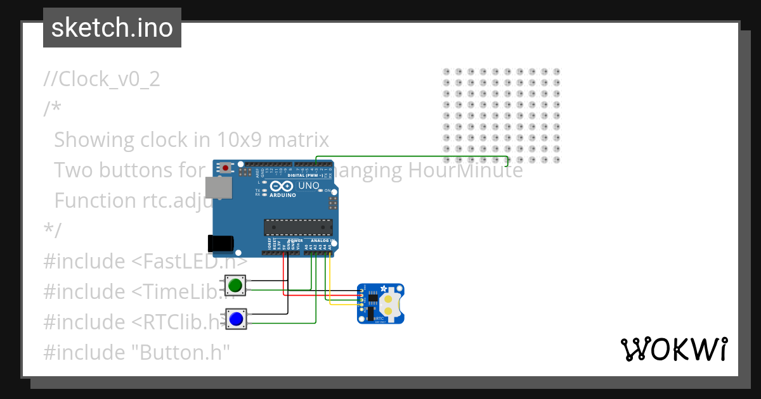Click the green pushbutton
click(236, 284)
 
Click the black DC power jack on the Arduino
click(221, 243)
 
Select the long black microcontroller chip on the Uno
click(298, 227)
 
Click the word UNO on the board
click(309, 186)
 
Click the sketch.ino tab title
click(112, 28)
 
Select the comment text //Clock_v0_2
click(101, 79)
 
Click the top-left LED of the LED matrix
click(446, 72)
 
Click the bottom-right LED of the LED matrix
click(556, 159)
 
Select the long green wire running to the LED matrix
click(412, 156)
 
